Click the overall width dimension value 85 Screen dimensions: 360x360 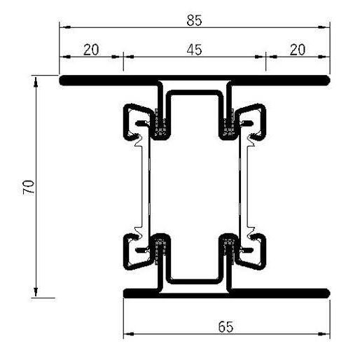tap(194, 20)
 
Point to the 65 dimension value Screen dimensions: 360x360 tap(226, 326)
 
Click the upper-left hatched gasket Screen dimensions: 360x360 tap(162, 129)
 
